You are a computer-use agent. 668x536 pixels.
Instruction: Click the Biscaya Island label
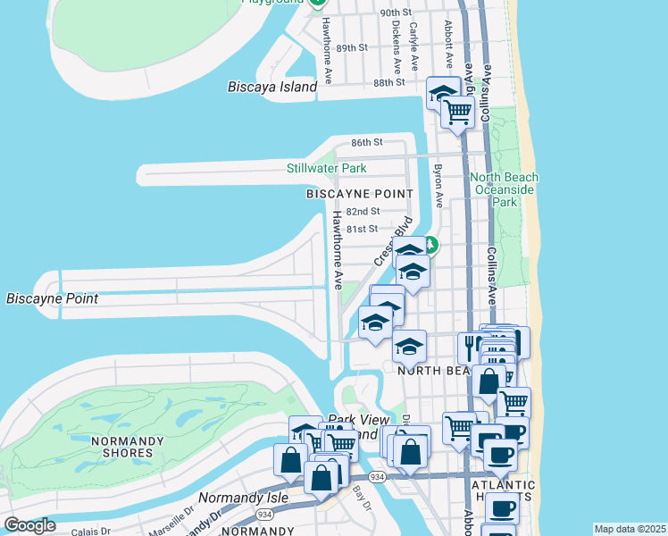[x=272, y=87]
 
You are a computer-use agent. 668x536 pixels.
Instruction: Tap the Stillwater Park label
[x=326, y=168]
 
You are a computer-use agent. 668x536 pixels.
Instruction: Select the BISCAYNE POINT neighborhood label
[x=360, y=194]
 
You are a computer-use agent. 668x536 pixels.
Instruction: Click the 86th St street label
[x=366, y=143]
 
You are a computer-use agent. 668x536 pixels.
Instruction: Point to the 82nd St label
[x=363, y=212]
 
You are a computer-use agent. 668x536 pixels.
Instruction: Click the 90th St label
[x=395, y=13]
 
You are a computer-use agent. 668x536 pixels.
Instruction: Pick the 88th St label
[x=389, y=82]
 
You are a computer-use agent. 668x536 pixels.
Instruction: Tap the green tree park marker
[x=430, y=243]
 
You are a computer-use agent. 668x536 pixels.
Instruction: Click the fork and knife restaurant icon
[x=470, y=347]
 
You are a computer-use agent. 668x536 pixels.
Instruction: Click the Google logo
[x=29, y=525]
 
